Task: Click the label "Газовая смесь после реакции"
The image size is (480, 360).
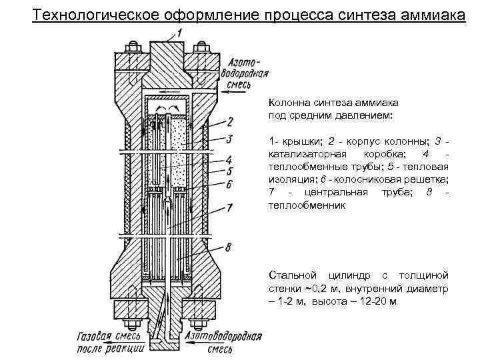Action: (x=111, y=341)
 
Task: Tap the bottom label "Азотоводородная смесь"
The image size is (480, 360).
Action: (x=223, y=341)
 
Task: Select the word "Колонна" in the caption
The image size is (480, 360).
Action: (x=288, y=103)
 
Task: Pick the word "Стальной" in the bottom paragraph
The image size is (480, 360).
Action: (x=290, y=275)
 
